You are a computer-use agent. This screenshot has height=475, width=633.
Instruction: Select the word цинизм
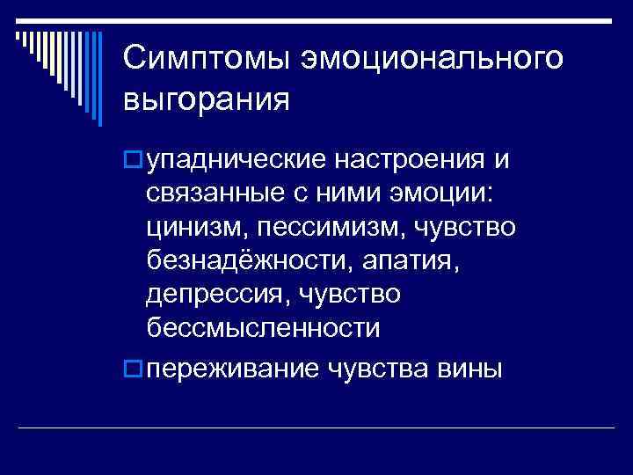click(196, 228)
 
